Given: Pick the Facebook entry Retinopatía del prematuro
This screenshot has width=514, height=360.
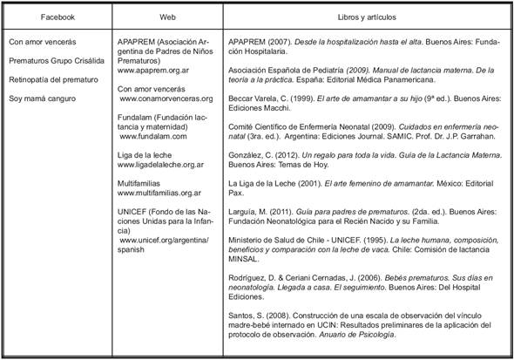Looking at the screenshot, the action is [x=50, y=79].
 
